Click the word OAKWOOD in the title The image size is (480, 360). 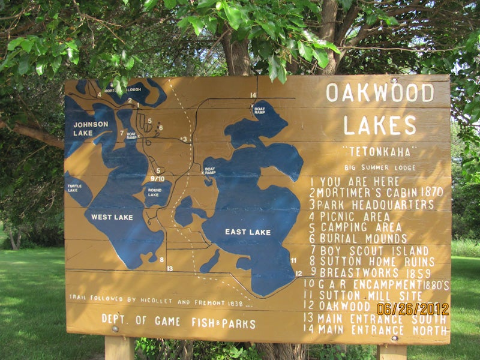(x=380, y=92)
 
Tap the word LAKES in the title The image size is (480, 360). (x=380, y=125)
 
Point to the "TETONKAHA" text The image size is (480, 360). (x=380, y=152)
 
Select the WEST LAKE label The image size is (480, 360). (x=112, y=217)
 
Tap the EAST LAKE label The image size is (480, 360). (x=248, y=232)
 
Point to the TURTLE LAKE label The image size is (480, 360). (x=74, y=188)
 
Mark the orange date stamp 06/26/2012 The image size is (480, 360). (x=413, y=309)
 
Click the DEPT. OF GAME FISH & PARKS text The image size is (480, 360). (x=178, y=322)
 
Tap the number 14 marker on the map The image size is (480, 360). (x=253, y=95)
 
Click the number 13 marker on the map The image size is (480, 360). (x=170, y=268)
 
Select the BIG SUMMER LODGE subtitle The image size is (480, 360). (x=380, y=167)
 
